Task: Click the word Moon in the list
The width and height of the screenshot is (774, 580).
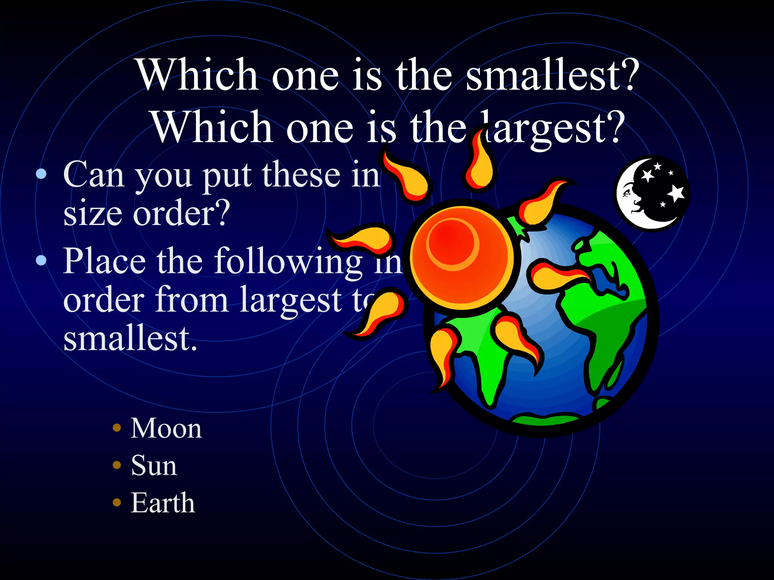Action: point(166,429)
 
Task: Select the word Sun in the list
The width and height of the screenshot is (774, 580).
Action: point(154,466)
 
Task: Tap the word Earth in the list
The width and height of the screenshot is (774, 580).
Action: point(163,503)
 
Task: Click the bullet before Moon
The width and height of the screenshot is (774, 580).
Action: point(117,428)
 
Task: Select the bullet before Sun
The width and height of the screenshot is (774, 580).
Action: point(117,465)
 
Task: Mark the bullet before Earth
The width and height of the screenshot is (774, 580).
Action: point(117,502)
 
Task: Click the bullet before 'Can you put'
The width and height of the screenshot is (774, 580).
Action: point(41,174)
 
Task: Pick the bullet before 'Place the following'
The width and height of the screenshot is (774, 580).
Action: point(41,260)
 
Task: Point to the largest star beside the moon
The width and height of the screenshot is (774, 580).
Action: point(676,193)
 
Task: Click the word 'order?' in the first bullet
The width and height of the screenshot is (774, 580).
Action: point(181,214)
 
